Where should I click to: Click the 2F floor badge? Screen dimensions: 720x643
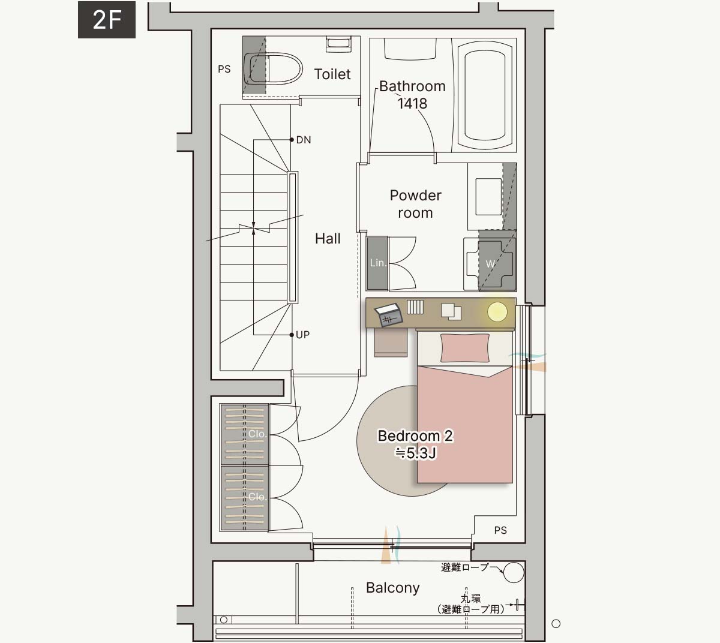pyautogui.click(x=107, y=20)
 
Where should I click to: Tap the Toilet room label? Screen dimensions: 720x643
pyautogui.click(x=332, y=74)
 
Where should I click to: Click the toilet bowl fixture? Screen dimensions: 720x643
pyautogui.click(x=273, y=68)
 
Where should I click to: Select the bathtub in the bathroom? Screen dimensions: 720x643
pyautogui.click(x=485, y=96)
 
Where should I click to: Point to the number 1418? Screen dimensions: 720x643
pyautogui.click(x=412, y=103)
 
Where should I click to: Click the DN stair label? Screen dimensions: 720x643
pyautogui.click(x=304, y=140)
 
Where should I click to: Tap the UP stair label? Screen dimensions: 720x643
pyautogui.click(x=303, y=335)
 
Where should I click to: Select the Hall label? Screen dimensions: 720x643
pyautogui.click(x=328, y=238)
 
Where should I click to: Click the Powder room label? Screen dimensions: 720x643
pyautogui.click(x=415, y=204)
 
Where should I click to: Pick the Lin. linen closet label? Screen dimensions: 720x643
pyautogui.click(x=378, y=263)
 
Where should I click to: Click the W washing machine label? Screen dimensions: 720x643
pyautogui.click(x=490, y=263)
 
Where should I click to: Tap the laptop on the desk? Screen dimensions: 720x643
pyautogui.click(x=389, y=315)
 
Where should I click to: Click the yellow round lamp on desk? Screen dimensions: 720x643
pyautogui.click(x=497, y=312)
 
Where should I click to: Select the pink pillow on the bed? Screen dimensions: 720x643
pyautogui.click(x=465, y=348)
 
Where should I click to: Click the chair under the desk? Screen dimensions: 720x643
pyautogui.click(x=391, y=342)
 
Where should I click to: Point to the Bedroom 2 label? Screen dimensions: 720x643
pyautogui.click(x=415, y=436)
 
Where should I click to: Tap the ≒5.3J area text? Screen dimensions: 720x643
pyautogui.click(x=415, y=453)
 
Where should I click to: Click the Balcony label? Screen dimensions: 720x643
pyautogui.click(x=392, y=588)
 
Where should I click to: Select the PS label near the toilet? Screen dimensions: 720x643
pyautogui.click(x=224, y=69)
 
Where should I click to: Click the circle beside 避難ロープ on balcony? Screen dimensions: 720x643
pyautogui.click(x=514, y=572)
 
